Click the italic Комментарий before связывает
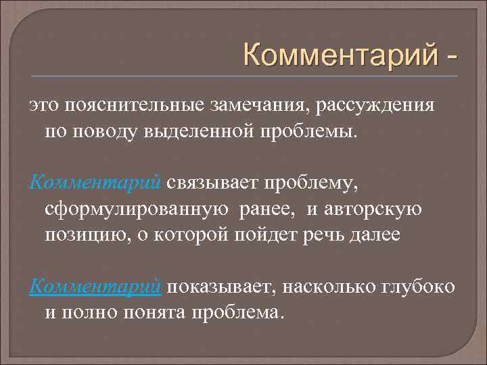(95, 182)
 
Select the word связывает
(212, 182)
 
